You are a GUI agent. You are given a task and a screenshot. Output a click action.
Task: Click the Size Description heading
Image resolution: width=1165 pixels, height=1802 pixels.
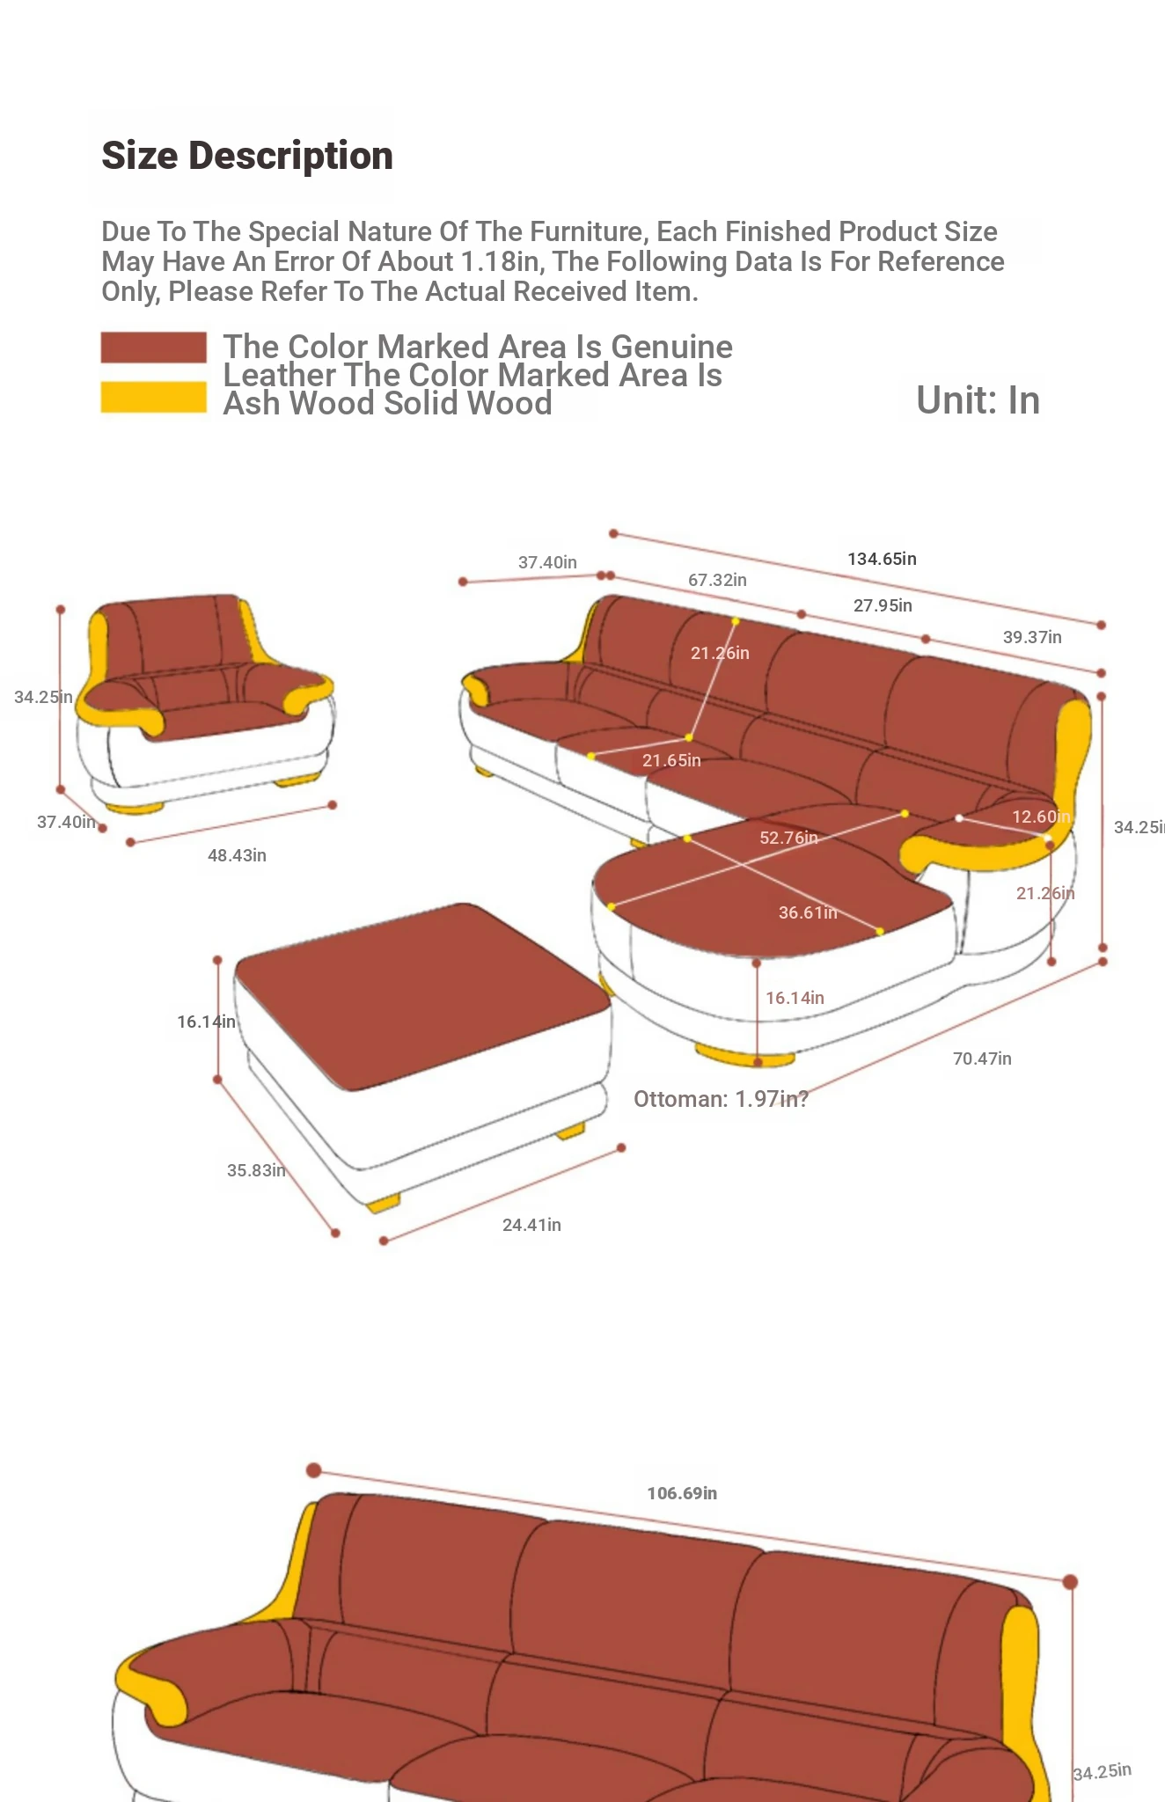click(247, 156)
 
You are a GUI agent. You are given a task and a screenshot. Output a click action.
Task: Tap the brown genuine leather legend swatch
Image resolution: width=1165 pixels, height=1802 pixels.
click(154, 347)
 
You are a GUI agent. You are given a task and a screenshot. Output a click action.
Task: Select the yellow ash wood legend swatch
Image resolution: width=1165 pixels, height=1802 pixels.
click(154, 397)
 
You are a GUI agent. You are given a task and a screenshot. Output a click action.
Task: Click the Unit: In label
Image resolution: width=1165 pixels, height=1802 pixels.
click(978, 400)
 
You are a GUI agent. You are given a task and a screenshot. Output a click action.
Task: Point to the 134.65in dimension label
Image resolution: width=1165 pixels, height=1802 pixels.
click(882, 559)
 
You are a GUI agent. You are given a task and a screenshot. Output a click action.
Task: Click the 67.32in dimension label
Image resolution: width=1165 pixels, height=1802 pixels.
click(717, 580)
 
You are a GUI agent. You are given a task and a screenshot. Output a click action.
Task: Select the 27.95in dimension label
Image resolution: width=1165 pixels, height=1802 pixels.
click(883, 605)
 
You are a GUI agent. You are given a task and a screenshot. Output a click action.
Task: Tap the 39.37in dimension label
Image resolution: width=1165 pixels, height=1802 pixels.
click(1032, 637)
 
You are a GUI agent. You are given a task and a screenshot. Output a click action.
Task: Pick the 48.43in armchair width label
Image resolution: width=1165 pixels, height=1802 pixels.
click(237, 855)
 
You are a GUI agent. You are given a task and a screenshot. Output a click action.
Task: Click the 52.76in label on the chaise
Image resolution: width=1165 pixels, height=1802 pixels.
click(788, 838)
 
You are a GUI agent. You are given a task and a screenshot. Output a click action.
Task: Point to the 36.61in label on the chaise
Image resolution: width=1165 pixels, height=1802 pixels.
click(808, 912)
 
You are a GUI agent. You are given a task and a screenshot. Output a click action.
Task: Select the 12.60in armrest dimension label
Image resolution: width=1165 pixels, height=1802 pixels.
click(1041, 817)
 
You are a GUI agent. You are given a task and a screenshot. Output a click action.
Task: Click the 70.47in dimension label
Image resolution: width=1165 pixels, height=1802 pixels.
click(982, 1058)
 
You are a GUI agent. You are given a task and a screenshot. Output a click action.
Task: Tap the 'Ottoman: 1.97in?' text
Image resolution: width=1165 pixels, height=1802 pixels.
click(721, 1099)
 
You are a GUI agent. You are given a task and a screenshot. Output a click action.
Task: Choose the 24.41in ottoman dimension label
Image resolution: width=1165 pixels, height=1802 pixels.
click(531, 1225)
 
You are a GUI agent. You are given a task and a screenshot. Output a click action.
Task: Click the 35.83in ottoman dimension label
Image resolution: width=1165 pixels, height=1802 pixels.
click(256, 1170)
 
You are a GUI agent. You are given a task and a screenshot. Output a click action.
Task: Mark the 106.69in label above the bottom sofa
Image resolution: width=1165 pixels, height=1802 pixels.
click(682, 1493)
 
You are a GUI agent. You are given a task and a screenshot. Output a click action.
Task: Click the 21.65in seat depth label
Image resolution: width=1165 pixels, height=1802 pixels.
click(671, 760)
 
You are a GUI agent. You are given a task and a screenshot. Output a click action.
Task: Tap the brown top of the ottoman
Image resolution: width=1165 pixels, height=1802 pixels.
click(422, 994)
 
